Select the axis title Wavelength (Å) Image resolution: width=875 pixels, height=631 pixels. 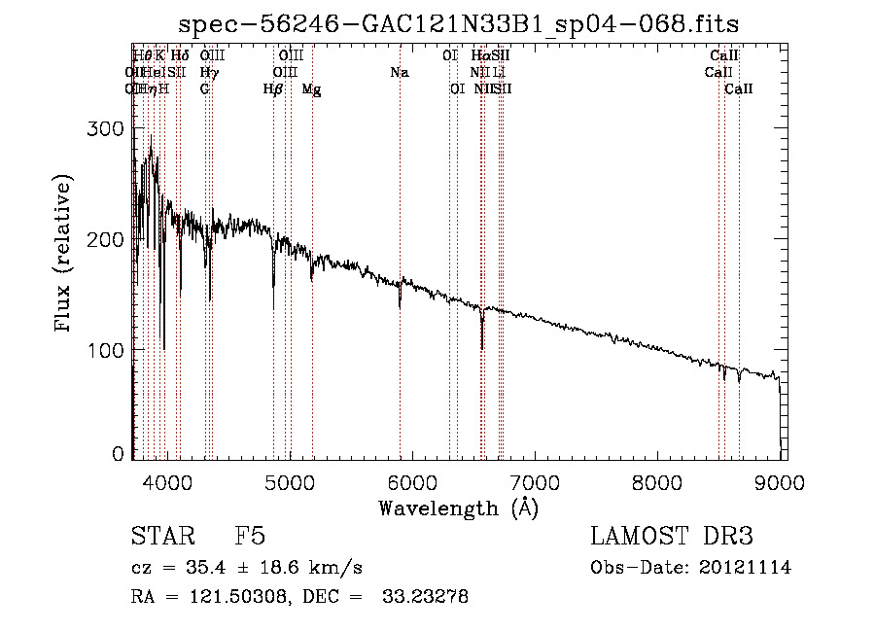(x=458, y=508)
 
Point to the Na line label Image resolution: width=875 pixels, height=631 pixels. (x=400, y=72)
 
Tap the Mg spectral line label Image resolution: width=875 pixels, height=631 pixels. (x=311, y=88)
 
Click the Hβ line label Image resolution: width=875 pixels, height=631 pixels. (x=273, y=88)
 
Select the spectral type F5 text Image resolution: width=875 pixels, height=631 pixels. (x=250, y=537)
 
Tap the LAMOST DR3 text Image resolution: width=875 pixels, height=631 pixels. (x=671, y=537)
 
